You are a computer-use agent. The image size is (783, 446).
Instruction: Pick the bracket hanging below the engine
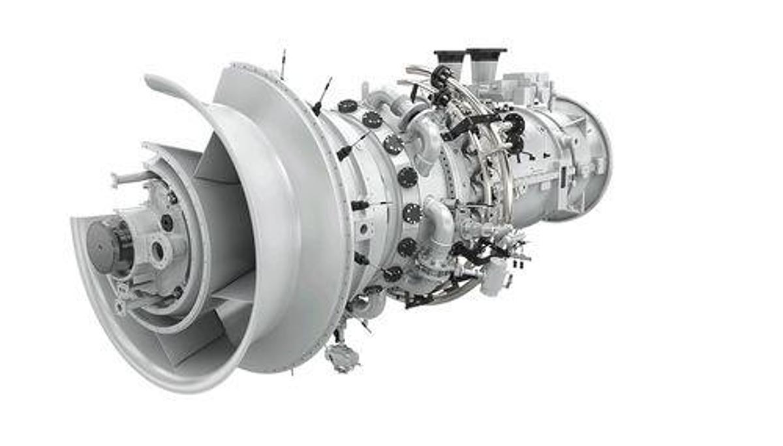pyautogui.click(x=343, y=355)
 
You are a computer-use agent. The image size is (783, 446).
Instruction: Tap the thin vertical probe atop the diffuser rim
pyautogui.click(x=283, y=63)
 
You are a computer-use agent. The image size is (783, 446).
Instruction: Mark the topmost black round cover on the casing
pyautogui.click(x=348, y=106)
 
